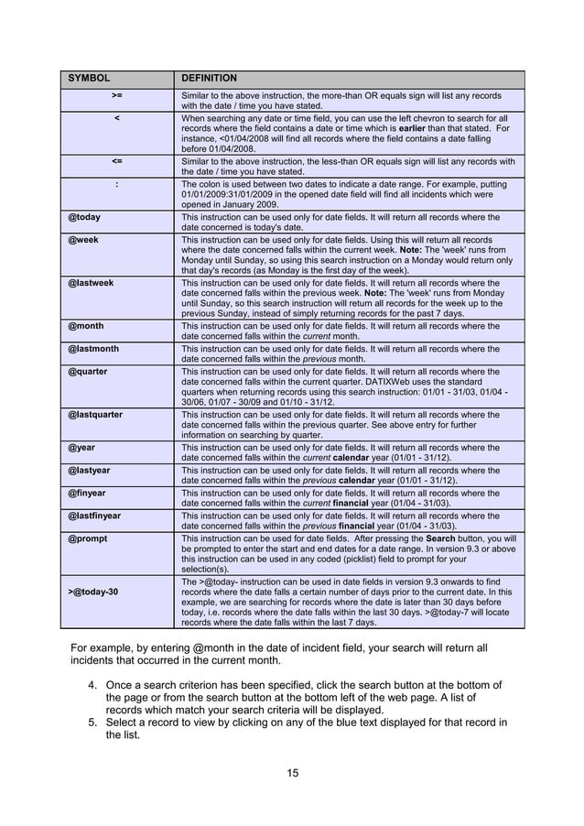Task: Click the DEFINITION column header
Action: (x=210, y=79)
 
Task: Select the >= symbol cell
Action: (x=117, y=94)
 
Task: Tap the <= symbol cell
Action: (x=117, y=160)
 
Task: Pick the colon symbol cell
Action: (x=117, y=184)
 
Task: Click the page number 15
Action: (x=292, y=775)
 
